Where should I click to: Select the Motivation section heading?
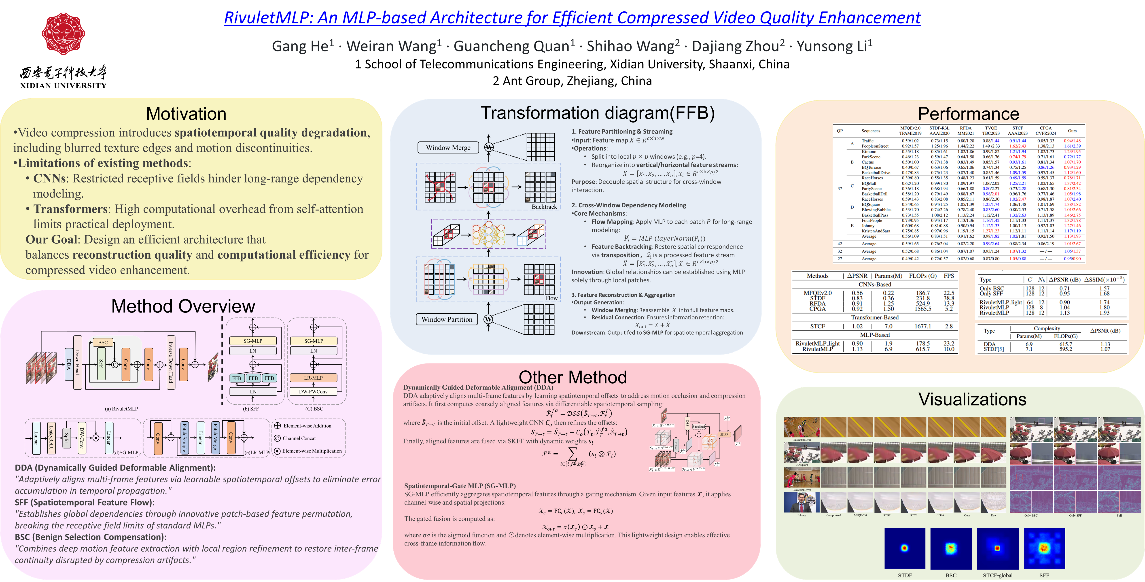point(186,114)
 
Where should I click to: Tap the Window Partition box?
point(447,319)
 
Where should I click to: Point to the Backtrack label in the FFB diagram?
point(544,207)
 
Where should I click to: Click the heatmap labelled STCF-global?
point(997,548)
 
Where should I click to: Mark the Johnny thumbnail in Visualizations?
point(801,502)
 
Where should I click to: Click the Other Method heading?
point(572,377)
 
